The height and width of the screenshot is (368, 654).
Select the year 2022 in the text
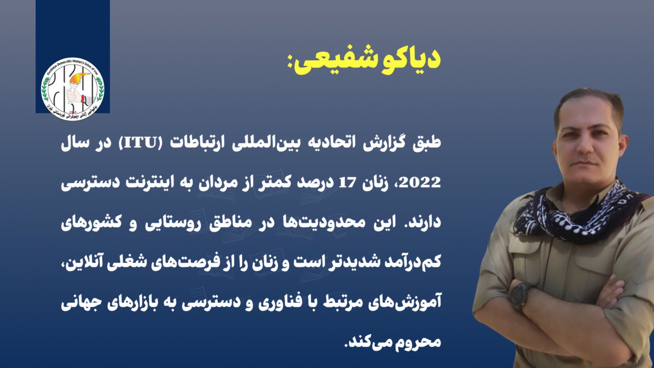click(421, 183)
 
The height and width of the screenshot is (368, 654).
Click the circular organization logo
click(73, 88)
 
